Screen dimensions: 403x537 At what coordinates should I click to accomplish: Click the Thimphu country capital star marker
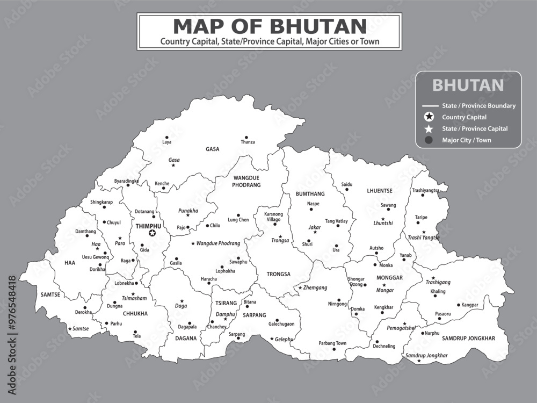[152, 233]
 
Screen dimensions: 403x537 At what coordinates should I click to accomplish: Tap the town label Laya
[167, 142]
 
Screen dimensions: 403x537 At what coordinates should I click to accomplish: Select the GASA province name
[212, 149]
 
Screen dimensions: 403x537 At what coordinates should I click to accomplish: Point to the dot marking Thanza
[246, 137]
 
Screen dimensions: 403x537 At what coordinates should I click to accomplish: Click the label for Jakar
[314, 227]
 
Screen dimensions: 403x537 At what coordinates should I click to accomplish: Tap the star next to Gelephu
[271, 339]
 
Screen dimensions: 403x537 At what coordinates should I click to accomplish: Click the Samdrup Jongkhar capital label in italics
[426, 355]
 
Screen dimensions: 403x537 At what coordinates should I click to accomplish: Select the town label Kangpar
[470, 305]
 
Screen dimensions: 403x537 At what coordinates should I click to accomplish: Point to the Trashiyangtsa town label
[425, 190]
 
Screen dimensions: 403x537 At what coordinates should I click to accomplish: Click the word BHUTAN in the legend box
[468, 85]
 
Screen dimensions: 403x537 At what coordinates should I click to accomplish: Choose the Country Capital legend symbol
[429, 117]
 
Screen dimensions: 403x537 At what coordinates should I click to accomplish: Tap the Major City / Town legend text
[466, 140]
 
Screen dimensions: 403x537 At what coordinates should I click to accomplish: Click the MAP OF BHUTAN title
[270, 26]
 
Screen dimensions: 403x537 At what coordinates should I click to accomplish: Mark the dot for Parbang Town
[333, 349]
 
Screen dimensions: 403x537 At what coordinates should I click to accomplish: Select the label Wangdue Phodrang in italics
[218, 243]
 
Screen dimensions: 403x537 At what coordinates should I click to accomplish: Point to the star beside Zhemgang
[300, 288]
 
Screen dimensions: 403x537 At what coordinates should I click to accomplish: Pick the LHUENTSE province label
[380, 191]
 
